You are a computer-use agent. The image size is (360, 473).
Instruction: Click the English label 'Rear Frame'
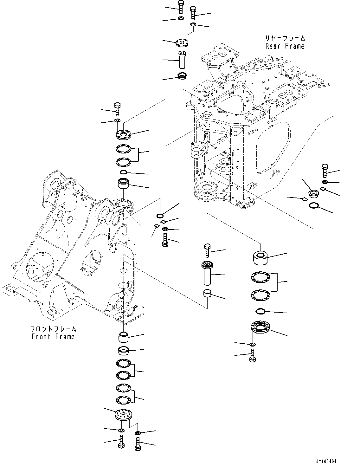(x=285, y=46)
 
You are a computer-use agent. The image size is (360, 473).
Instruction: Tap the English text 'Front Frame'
(x=53, y=336)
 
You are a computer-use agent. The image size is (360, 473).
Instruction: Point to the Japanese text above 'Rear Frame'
(x=285, y=38)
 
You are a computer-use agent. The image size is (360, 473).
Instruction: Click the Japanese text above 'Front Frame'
(x=53, y=329)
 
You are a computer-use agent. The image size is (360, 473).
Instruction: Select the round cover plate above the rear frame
(x=182, y=42)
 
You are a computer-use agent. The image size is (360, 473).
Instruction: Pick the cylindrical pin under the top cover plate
(x=182, y=59)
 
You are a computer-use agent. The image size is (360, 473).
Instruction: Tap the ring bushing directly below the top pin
(x=182, y=76)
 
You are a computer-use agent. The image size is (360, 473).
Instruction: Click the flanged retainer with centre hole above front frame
(x=124, y=134)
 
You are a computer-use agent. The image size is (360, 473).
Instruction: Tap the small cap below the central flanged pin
(x=207, y=293)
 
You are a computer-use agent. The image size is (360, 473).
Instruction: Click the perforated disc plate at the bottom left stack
(x=123, y=415)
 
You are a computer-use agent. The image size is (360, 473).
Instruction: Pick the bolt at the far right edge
(x=325, y=171)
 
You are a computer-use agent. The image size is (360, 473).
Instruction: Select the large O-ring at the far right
(x=314, y=206)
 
